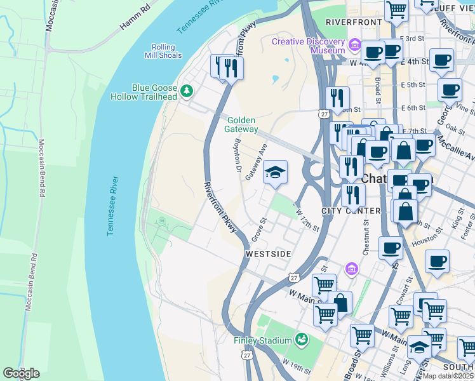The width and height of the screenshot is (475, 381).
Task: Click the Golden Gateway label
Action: (241, 124)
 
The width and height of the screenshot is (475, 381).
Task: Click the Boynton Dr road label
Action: (238, 156)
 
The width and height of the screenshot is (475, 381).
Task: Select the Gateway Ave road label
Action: (256, 164)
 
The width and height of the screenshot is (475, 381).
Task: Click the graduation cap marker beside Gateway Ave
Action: (275, 172)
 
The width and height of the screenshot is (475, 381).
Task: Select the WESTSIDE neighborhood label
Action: (268, 254)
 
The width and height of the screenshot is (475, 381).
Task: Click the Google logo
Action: (21, 373)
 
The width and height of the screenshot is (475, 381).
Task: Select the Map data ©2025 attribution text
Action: (448, 376)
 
